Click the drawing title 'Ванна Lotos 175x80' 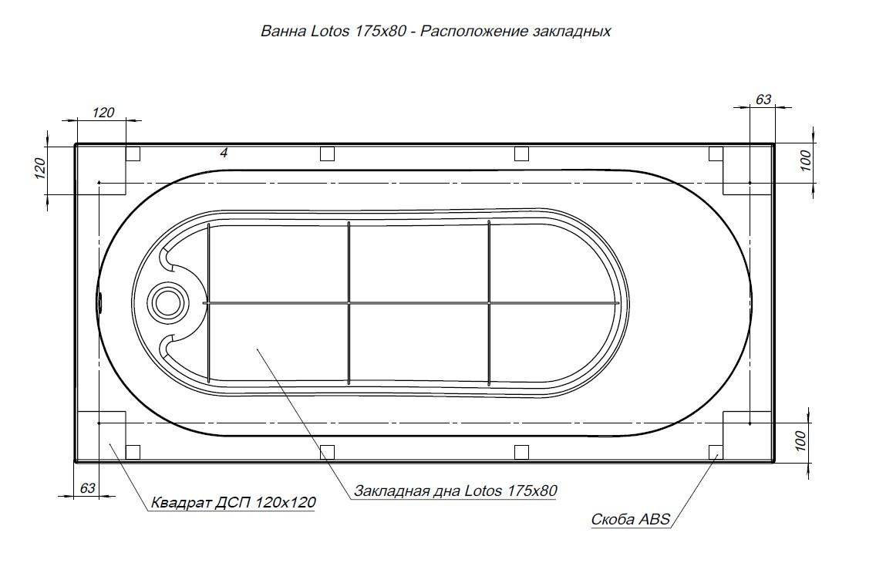[334, 32]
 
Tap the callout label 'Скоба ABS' [630, 520]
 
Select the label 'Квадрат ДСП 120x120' [234, 502]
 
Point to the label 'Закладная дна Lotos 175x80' [456, 491]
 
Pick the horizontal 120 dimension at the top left [103, 113]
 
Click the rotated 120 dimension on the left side [39, 168]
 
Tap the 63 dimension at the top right [763, 99]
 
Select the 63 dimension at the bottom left [88, 488]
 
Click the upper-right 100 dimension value [805, 161]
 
